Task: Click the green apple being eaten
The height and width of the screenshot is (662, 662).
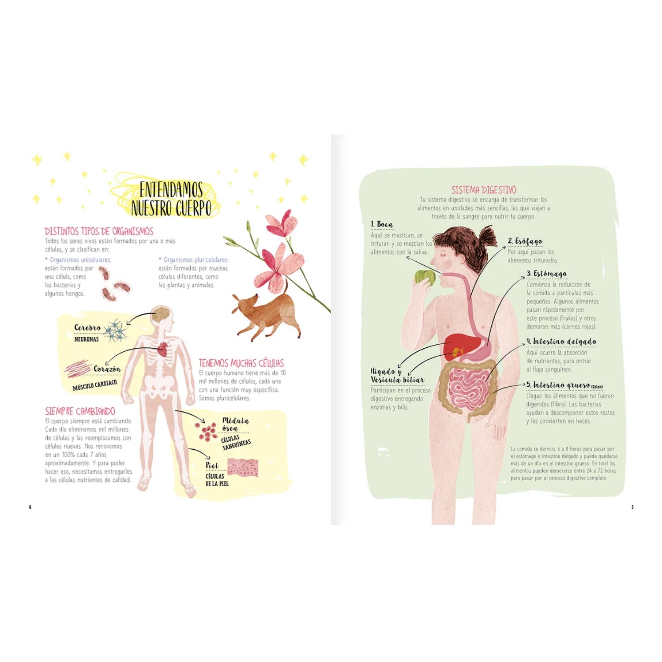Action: coord(425,277)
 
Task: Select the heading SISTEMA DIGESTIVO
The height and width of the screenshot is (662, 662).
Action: coord(483,190)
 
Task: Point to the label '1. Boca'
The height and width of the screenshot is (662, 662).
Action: coord(382,225)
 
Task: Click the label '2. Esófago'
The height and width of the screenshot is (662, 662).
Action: coord(525,241)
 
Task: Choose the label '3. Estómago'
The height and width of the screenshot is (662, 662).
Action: coord(546,274)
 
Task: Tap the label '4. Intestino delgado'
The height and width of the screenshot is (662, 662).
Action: coord(561,342)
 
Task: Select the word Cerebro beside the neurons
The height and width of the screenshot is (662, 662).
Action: coord(87,327)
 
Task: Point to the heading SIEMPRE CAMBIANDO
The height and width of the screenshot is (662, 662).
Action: coord(80,411)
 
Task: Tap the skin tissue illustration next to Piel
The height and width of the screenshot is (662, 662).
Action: coord(243,467)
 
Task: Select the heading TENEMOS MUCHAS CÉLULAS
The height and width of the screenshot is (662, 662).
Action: coord(241,363)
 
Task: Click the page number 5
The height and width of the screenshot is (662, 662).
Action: coord(632,507)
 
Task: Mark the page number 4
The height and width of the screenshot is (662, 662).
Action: coord(30,507)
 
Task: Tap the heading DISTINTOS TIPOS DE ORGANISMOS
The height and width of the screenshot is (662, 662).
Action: coord(99,231)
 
